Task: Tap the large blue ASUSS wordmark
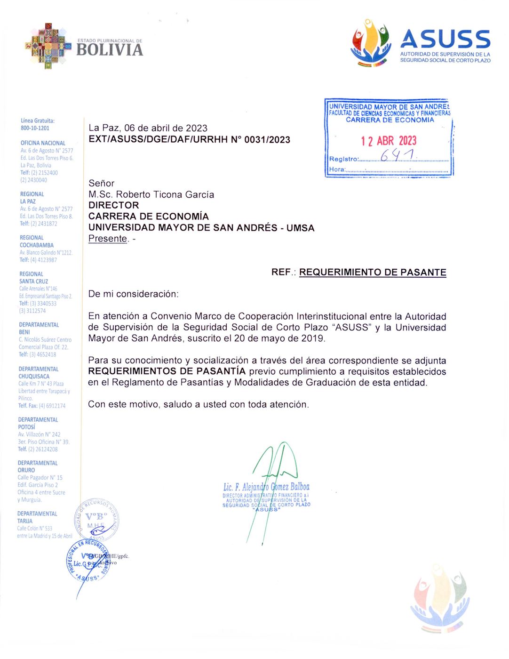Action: pos(445,39)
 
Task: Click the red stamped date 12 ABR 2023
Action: pos(389,141)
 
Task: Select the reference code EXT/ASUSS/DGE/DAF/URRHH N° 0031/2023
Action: pos(189,139)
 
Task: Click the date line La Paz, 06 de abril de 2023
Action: pos(148,128)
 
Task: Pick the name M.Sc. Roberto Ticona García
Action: pos(151,194)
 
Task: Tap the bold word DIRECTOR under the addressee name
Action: pos(114,205)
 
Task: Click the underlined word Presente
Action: pos(108,239)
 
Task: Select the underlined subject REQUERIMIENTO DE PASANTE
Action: pos(373,272)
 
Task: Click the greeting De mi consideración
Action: pos(134,294)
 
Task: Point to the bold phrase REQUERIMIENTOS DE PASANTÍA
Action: pos(167,371)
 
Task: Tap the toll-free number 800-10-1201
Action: pos(35,128)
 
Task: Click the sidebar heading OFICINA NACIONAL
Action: pos(43,143)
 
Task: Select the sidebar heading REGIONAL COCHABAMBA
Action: pos(36,241)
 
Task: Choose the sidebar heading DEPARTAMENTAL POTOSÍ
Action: pos(38,423)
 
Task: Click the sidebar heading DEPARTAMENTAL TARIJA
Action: pos(37,517)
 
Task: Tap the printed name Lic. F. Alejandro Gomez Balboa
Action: pos(266,487)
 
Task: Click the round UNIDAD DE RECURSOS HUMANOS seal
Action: pos(96,521)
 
